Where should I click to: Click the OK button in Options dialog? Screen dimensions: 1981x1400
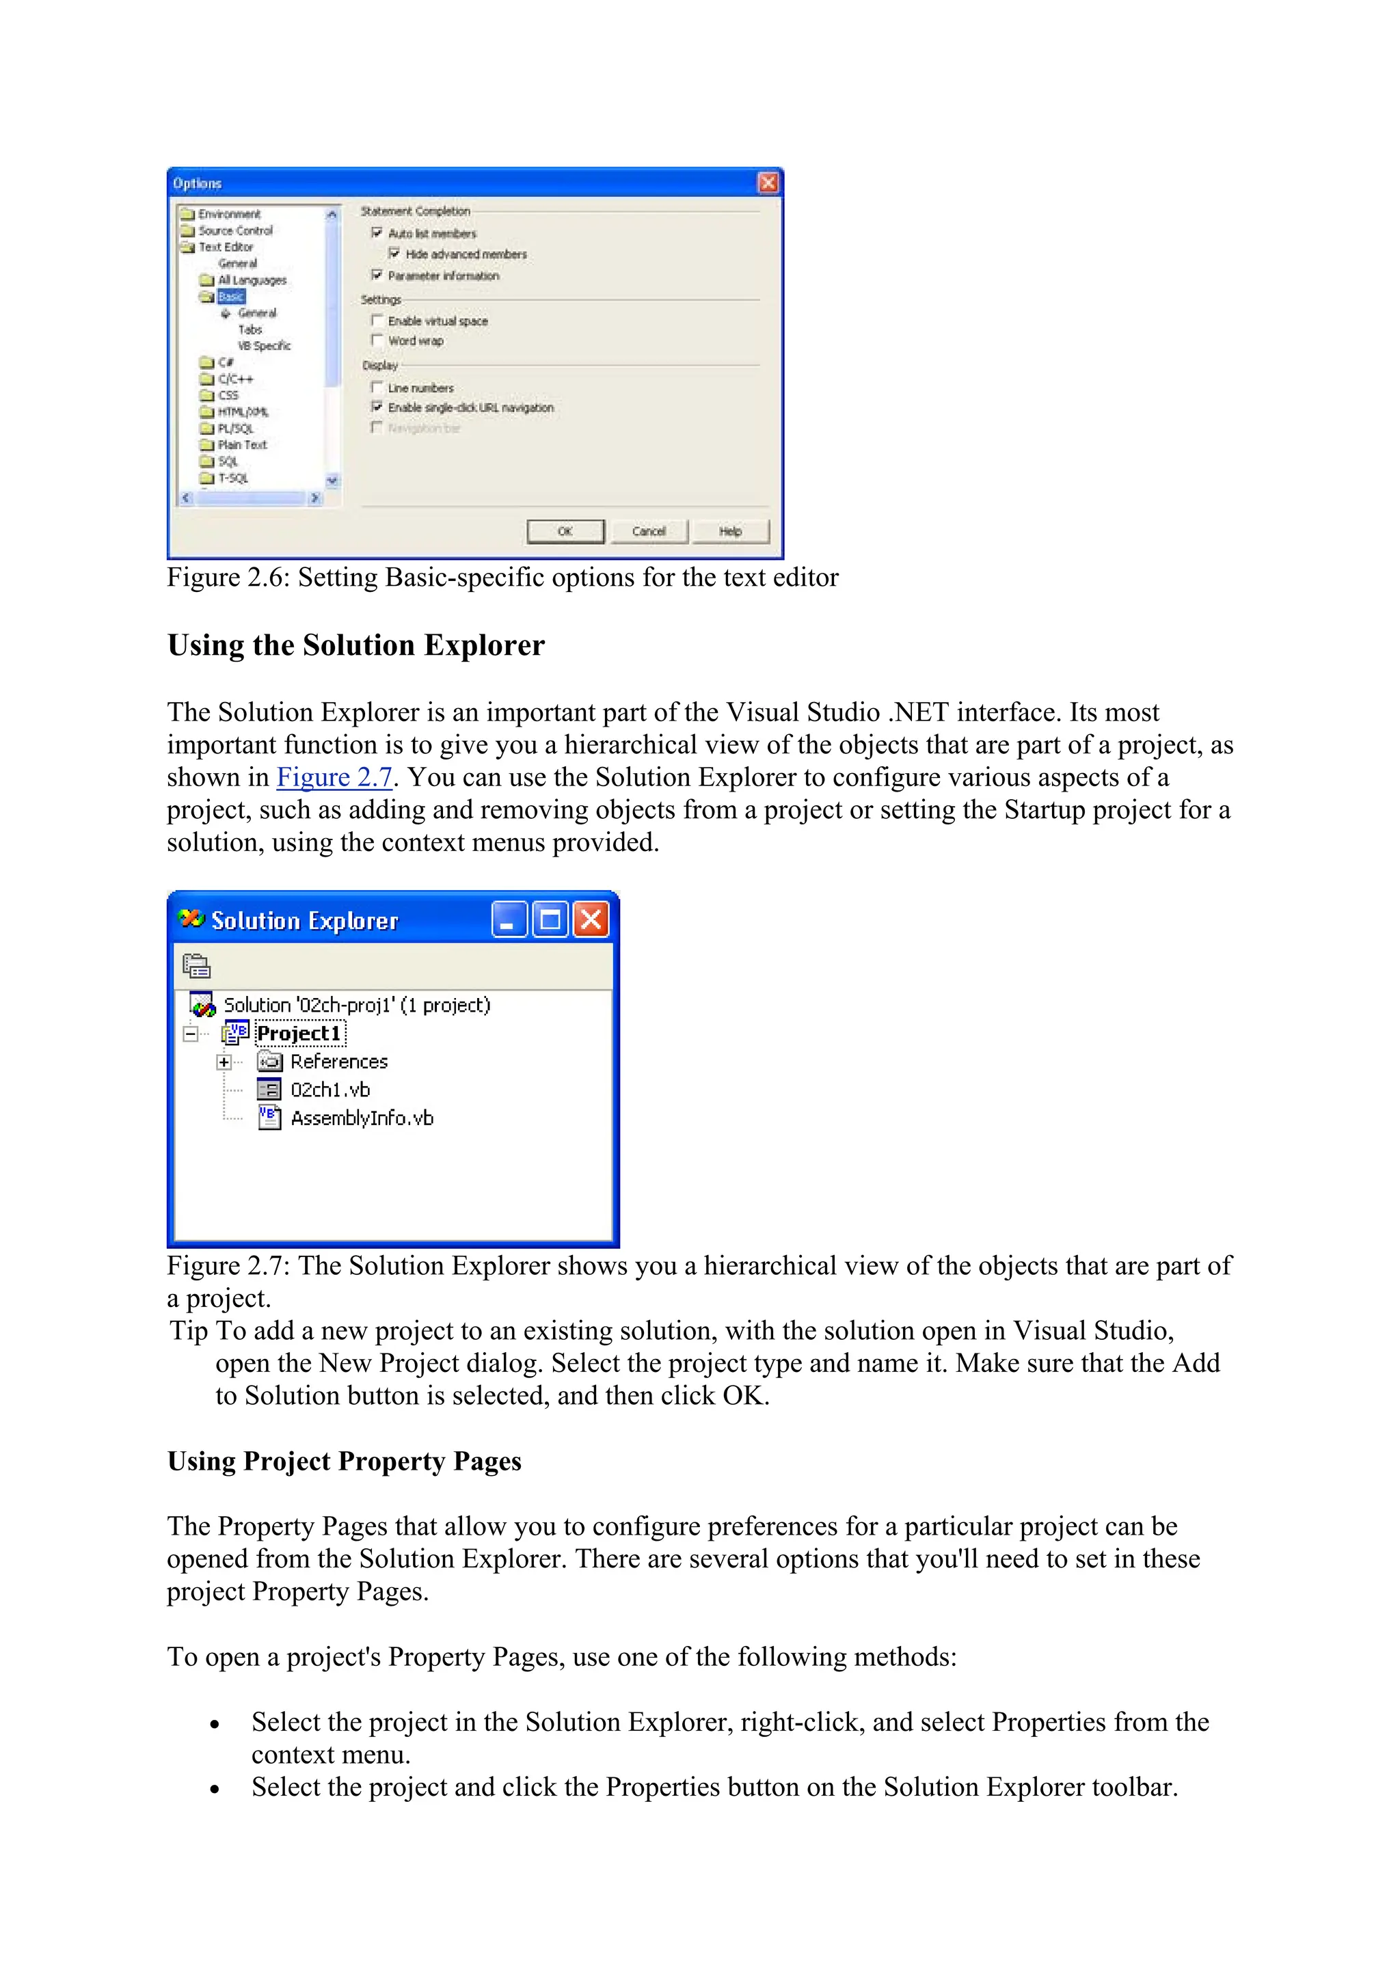coord(565,532)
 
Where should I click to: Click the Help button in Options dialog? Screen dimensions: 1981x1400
coord(730,532)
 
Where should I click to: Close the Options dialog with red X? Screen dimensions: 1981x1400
coord(767,183)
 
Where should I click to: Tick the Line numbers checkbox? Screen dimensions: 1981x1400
coord(377,388)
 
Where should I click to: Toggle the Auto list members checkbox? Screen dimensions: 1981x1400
coord(377,233)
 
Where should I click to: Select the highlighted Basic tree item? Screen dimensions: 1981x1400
coord(230,297)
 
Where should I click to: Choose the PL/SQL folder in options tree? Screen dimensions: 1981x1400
coord(234,429)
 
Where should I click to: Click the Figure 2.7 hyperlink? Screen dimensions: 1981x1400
coord(334,777)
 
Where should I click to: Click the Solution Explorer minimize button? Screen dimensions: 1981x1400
coord(509,920)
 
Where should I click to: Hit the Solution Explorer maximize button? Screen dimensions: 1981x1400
coord(550,920)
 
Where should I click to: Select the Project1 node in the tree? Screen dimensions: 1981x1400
coord(299,1034)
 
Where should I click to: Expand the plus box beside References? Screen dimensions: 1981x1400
coord(224,1062)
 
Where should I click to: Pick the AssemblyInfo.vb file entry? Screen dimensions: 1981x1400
coord(362,1118)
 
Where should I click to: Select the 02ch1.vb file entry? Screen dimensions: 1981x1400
coord(329,1090)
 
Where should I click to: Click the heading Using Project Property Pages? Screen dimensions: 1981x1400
coord(344,1461)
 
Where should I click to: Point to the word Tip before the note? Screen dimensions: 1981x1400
coord(188,1330)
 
